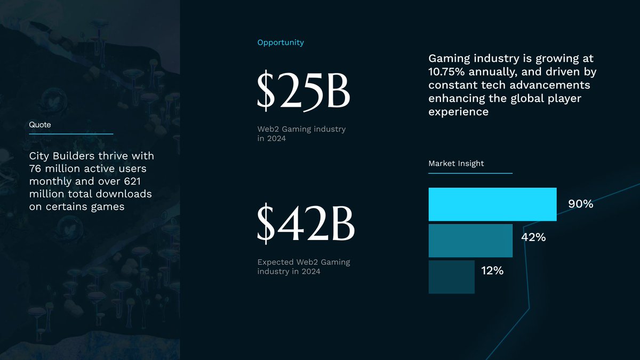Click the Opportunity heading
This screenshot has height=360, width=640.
[281, 43]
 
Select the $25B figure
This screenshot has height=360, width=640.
[303, 91]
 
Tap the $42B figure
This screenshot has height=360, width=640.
[306, 223]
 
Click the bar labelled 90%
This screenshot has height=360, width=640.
[493, 204]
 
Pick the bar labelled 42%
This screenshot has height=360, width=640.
[470, 241]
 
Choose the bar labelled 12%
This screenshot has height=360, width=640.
[451, 277]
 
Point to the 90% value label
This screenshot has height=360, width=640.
[581, 204]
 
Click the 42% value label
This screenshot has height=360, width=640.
[533, 237]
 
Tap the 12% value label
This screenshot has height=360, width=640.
[492, 270]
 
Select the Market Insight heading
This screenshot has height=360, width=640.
[456, 163]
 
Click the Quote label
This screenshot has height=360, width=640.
[40, 125]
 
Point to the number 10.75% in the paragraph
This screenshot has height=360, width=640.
[446, 71]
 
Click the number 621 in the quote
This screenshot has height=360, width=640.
[132, 181]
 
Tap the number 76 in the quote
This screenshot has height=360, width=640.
[35, 169]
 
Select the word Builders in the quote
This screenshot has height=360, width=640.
[74, 156]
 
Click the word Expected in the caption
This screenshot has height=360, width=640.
[275, 262]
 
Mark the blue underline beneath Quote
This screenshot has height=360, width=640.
[71, 134]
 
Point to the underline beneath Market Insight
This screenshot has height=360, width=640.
[470, 173]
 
